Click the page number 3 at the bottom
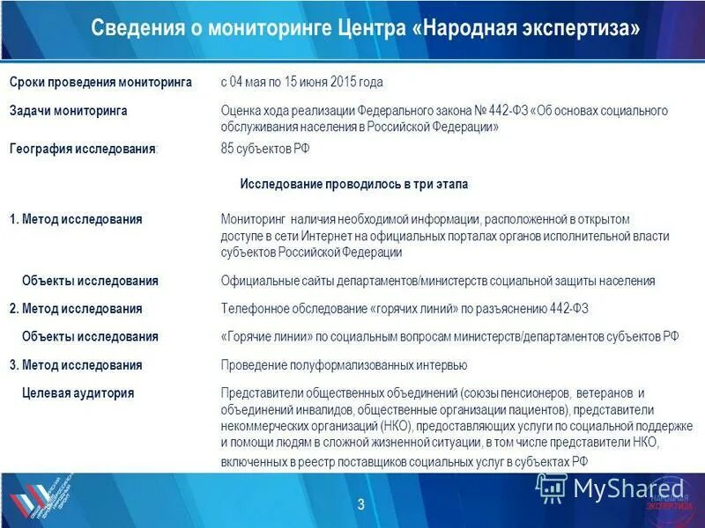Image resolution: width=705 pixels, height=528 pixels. click(x=361, y=504)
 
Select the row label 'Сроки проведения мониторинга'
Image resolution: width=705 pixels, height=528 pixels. click(x=100, y=82)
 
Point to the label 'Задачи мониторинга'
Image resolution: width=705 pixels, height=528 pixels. click(x=69, y=111)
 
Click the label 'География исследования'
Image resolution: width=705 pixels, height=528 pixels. click(x=83, y=149)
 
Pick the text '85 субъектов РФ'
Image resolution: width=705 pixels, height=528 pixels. click(x=264, y=149)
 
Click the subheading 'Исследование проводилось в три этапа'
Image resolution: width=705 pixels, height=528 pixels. click(x=354, y=184)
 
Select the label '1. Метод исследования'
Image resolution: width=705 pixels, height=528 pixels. click(x=76, y=218)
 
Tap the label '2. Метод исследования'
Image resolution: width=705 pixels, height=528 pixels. click(x=76, y=309)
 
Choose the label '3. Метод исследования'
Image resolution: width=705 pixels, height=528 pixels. click(x=76, y=364)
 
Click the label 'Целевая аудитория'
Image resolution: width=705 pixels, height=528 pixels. click(x=78, y=393)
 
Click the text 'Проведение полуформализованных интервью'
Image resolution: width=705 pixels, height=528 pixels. click(x=344, y=365)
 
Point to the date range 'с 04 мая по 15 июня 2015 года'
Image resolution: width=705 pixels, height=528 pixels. click(x=301, y=82)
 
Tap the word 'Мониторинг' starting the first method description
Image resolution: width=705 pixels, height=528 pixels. click(x=251, y=218)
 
